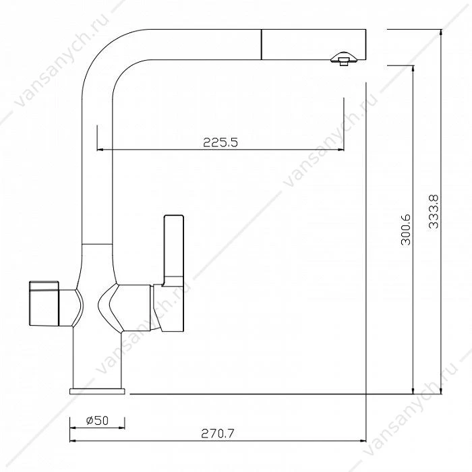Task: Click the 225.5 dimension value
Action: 220,142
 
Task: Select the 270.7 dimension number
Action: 217,434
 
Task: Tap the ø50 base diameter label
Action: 97,420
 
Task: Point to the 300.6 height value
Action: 406,230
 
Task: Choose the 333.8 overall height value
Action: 434,212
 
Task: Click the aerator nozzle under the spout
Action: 343,59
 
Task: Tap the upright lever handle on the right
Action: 173,250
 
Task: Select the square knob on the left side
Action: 44,303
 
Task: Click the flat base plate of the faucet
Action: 97,391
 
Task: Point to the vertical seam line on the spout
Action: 262,45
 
